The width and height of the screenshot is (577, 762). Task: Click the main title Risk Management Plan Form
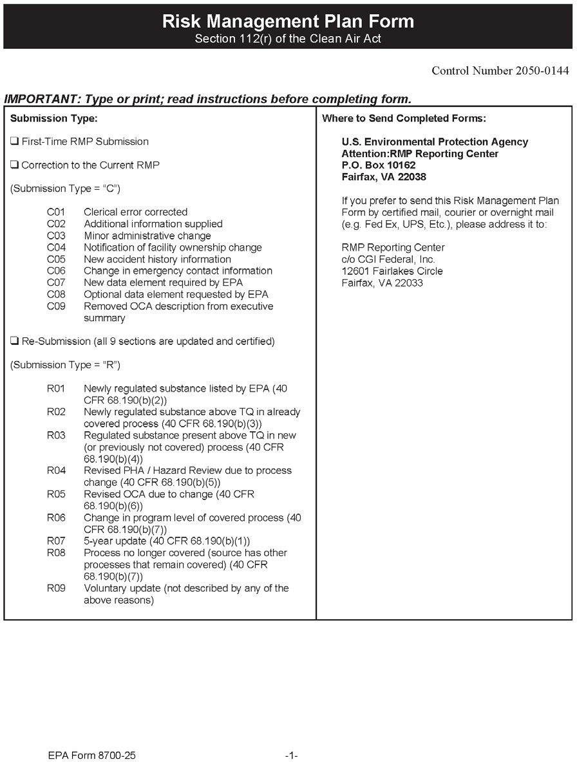click(288, 21)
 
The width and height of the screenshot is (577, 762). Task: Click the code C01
click(56, 212)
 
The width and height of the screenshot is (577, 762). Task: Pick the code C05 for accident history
click(56, 259)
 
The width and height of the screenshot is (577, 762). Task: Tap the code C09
click(56, 306)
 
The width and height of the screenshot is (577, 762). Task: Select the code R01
click(56, 389)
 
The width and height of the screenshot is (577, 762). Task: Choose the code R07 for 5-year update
click(56, 541)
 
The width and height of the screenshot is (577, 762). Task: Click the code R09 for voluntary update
click(56, 588)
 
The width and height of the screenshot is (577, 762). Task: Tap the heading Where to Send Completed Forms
click(404, 118)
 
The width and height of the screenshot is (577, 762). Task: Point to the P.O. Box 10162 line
click(379, 165)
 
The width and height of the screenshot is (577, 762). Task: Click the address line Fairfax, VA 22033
click(382, 283)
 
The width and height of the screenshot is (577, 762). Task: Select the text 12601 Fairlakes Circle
click(392, 271)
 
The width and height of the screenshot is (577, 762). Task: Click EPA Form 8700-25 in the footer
click(91, 756)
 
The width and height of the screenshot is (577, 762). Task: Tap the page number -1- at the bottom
click(291, 756)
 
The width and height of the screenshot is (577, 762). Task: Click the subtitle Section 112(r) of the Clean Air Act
click(288, 39)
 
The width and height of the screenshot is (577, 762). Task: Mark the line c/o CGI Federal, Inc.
click(388, 259)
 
